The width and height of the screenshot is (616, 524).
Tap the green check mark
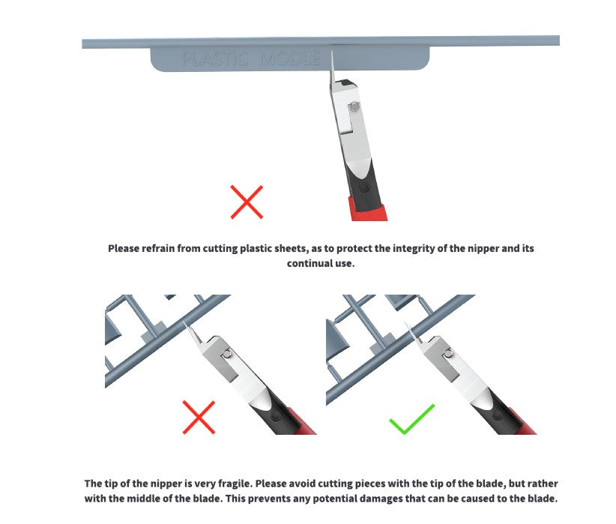click(411, 419)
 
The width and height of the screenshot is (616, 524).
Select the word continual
click(309, 264)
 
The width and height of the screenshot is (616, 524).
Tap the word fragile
click(241, 484)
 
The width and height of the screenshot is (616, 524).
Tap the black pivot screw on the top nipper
click(363, 183)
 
